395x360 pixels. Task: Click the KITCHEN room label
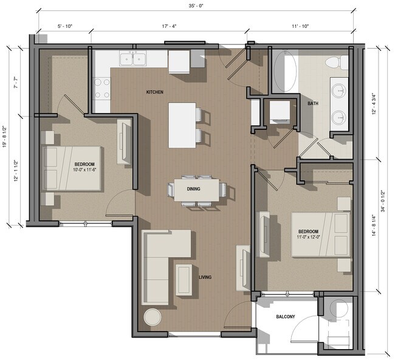coord(154,92)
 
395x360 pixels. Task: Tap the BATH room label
coord(313,104)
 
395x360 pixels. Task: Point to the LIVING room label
coord(205,277)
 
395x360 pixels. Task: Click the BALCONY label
coord(286,317)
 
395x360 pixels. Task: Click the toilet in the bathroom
coord(334,61)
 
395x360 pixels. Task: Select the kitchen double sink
coord(133,59)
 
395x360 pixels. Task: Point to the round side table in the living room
coord(152,318)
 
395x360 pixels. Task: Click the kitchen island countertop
coord(182,124)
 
